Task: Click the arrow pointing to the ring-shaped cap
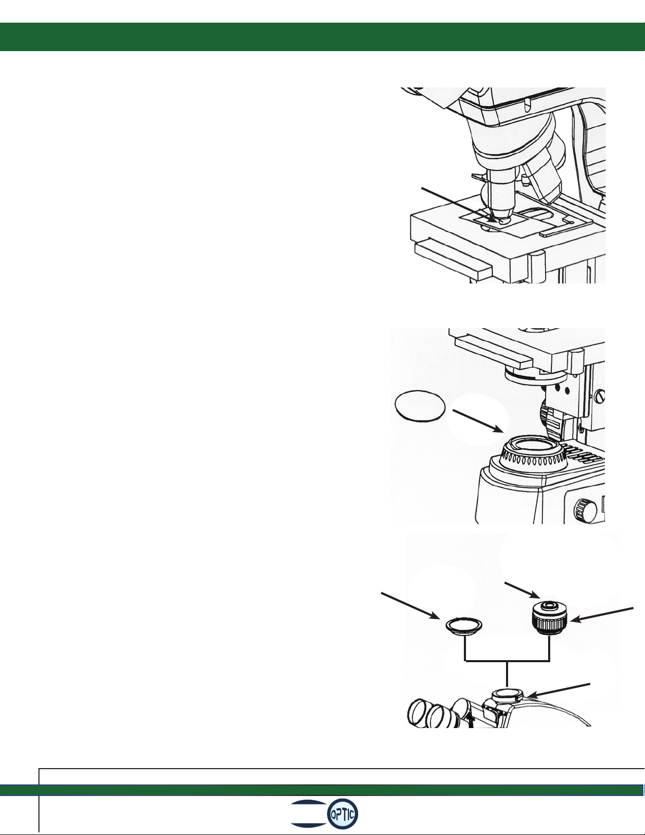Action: coord(410,606)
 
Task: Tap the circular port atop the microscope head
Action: coord(507,693)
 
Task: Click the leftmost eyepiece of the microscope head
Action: coord(419,713)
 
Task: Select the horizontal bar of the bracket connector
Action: coord(508,661)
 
